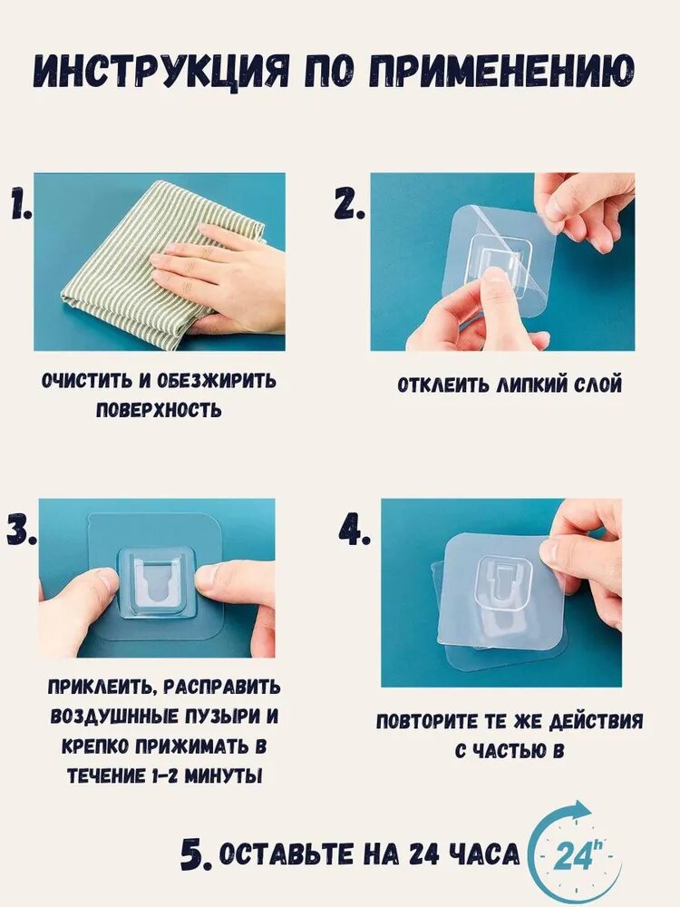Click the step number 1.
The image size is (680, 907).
click(20, 206)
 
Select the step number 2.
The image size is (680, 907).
click(349, 206)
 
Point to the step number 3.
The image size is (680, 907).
click(22, 530)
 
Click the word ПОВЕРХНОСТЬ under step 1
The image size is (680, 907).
click(159, 410)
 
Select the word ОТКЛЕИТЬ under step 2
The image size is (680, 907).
click(443, 385)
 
